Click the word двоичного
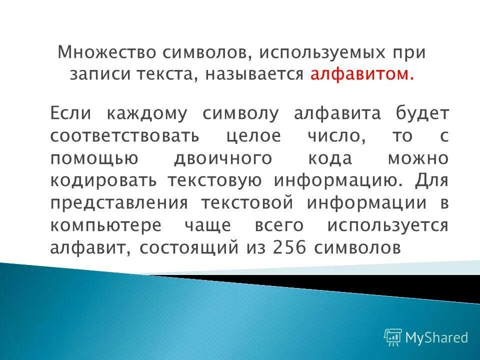click(x=223, y=158)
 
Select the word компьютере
click(x=105, y=225)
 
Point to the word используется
click(x=387, y=225)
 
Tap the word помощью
click(x=94, y=158)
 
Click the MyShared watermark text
click(x=436, y=337)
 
